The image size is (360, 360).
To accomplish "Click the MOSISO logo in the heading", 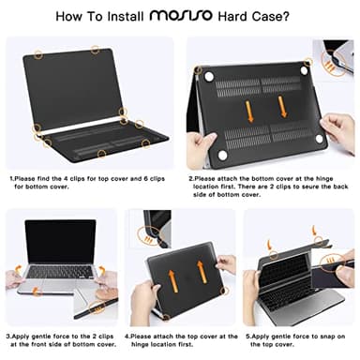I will (195, 16).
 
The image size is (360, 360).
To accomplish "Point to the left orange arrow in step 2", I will (248, 110).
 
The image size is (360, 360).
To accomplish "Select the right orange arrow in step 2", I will (282, 106).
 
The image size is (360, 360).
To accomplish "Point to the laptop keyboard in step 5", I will (291, 273).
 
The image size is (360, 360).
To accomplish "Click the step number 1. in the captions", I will (12, 176).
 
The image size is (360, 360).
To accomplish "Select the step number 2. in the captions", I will (190, 176).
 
